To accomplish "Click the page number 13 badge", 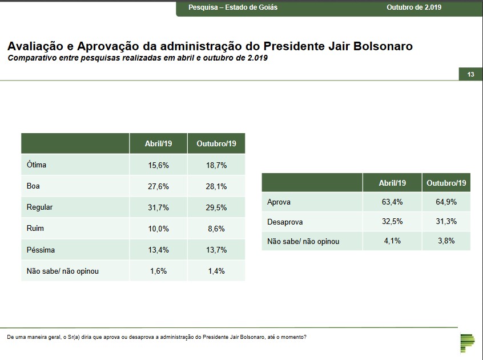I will coord(470,74).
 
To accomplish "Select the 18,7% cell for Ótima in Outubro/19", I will coord(216,165).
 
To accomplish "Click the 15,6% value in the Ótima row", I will coord(158,165).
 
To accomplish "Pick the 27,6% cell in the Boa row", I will coord(158,186).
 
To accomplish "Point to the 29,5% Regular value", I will coord(216,207).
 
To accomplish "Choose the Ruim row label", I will coord(35,228).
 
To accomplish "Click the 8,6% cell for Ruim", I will coord(216,228).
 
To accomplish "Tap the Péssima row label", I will coord(41,250).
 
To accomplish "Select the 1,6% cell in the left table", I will coord(158,271).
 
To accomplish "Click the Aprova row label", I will coord(279,202).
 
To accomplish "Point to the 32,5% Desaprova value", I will coord(392,221).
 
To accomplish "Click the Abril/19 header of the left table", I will coord(158,143).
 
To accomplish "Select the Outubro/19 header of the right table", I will coord(446,183).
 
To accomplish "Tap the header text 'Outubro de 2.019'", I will coord(414,7).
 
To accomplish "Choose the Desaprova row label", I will coord(285,221).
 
